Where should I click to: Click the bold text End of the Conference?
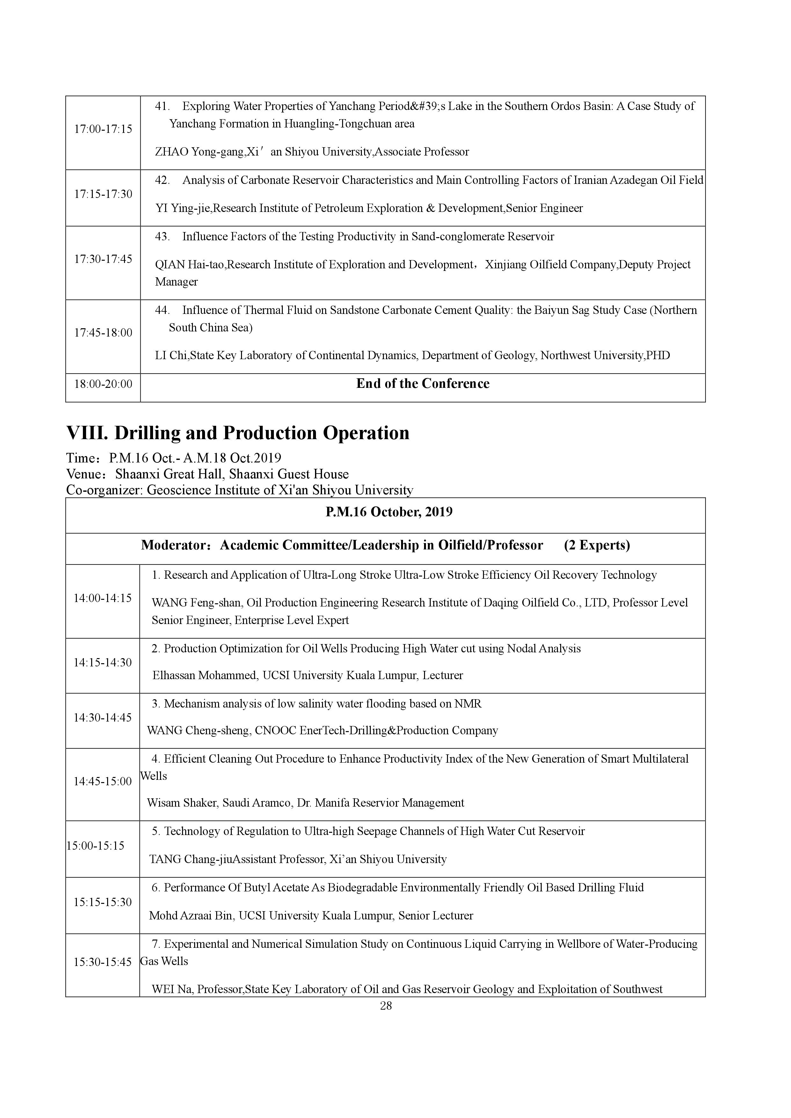tap(423, 384)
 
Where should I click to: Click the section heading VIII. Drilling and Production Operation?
tap(238, 433)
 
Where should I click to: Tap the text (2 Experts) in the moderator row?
tap(597, 545)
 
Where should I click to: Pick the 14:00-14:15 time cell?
tap(103, 599)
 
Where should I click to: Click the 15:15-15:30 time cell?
tap(103, 902)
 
